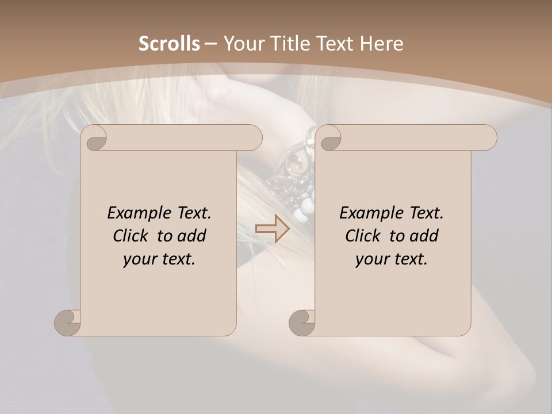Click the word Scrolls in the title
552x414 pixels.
pos(169,44)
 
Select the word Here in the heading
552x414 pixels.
pos(381,44)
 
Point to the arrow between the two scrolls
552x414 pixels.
pos(272,229)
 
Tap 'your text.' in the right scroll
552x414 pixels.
pos(392,259)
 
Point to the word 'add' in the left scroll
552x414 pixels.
pos(192,236)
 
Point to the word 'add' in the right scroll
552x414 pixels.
pos(424,236)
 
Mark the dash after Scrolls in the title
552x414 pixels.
pos(211,44)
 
